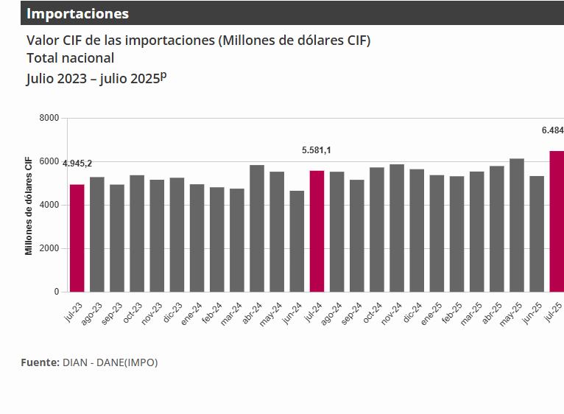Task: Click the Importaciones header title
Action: (77, 13)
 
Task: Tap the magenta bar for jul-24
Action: (317, 231)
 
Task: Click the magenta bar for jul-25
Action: (557, 221)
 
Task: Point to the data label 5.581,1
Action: (317, 150)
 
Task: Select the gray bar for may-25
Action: (517, 225)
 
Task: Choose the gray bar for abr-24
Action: (257, 228)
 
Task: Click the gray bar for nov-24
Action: (397, 228)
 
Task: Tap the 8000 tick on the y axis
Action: (49, 118)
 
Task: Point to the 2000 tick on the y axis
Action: (49, 248)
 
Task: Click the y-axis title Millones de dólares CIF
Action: (29, 206)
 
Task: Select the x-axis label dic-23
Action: (173, 314)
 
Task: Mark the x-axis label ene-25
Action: (433, 314)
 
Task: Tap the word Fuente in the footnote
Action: (40, 362)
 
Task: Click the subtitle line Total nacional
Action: (71, 57)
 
